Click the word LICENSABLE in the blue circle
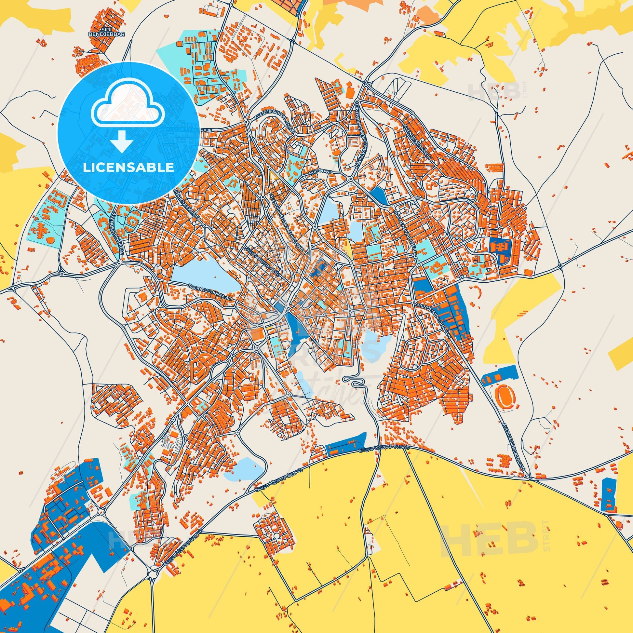pyautogui.click(x=128, y=168)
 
